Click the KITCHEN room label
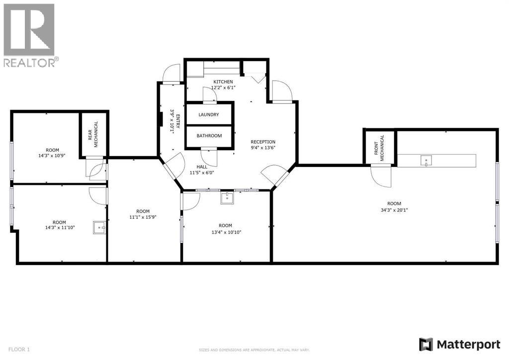coord(223,82)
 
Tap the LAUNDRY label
coord(208,114)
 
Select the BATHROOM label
coord(209,135)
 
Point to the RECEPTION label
coord(262,142)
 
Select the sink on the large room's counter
coord(425,161)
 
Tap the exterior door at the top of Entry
coord(170,74)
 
